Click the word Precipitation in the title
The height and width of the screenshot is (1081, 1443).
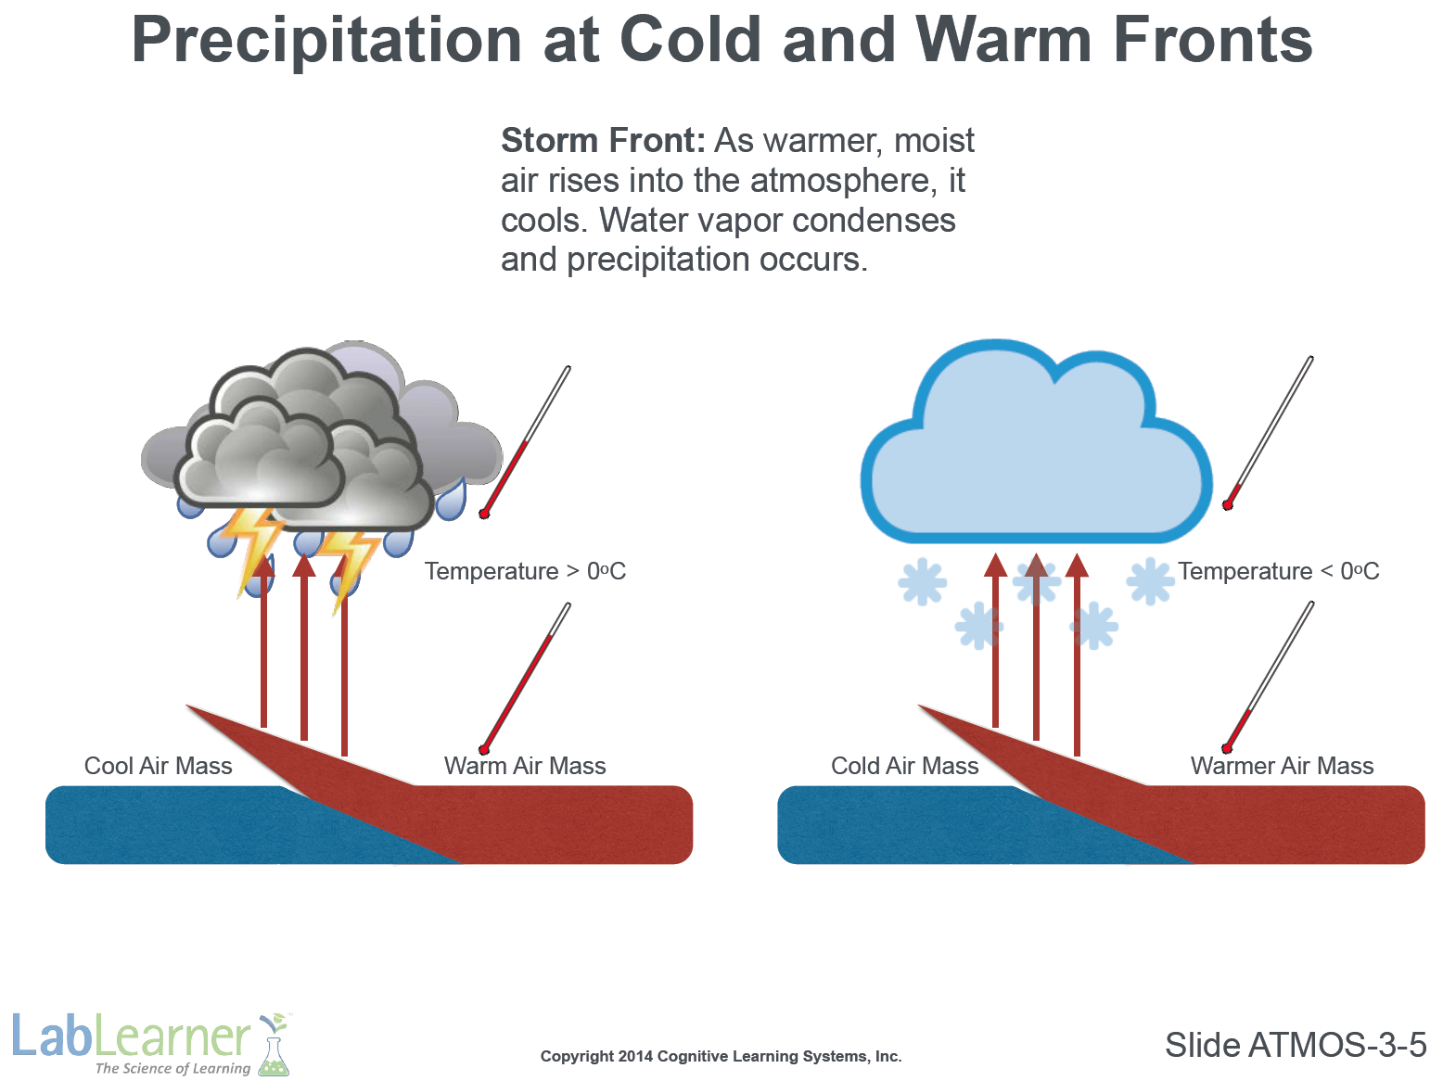[326, 42]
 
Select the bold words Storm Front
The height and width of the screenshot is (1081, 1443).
[603, 141]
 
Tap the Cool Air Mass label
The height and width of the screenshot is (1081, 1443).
[158, 766]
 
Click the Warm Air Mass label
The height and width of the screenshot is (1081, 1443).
[525, 766]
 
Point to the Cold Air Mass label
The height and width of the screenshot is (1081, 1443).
[904, 766]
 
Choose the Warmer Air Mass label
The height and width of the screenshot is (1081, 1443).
[1282, 766]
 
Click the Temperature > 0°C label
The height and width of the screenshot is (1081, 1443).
[525, 571]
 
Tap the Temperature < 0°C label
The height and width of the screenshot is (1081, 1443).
[1278, 571]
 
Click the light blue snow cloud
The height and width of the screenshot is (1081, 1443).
[1037, 460]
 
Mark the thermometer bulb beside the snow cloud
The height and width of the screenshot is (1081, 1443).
[1227, 504]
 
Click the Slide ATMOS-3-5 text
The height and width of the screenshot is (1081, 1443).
[1296, 1045]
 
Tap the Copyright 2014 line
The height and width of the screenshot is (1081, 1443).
[721, 1056]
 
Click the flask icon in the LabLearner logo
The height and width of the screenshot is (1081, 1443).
[275, 1045]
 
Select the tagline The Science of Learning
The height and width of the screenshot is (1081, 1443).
[172, 1069]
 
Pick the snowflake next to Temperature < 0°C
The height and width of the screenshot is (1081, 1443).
[1150, 581]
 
